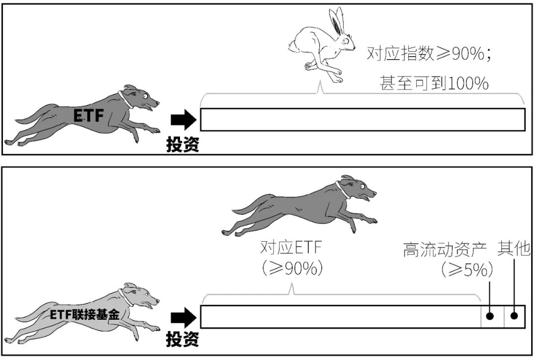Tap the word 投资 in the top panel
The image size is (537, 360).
click(x=182, y=144)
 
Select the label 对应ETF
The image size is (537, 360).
click(x=291, y=247)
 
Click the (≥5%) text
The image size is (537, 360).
click(x=466, y=270)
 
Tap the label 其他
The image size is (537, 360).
click(x=514, y=249)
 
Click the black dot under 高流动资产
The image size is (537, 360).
click(x=490, y=316)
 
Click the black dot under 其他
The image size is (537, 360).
click(x=515, y=316)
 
